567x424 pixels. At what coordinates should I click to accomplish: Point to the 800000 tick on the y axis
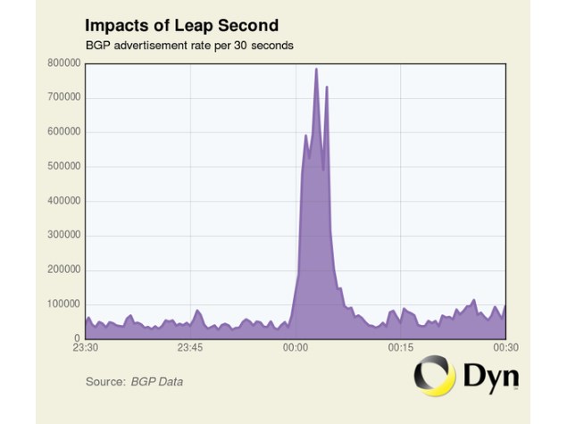point(63,63)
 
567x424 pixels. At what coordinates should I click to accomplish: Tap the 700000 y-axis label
point(63,97)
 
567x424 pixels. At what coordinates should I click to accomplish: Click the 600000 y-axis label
point(63,132)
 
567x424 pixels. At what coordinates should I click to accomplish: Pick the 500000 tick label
point(63,166)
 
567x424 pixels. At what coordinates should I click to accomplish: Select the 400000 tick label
point(63,201)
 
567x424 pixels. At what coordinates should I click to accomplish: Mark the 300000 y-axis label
point(63,236)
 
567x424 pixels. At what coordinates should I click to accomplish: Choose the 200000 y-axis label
point(63,270)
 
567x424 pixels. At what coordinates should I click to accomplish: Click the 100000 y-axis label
point(63,304)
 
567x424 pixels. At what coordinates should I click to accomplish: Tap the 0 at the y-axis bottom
point(78,338)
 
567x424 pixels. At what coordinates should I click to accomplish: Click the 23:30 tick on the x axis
point(85,349)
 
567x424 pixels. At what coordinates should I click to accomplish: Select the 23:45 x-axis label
point(190,349)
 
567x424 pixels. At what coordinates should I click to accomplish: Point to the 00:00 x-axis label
point(296,349)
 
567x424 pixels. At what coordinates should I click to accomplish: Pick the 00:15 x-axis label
point(401,349)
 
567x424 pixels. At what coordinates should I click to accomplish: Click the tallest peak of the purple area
point(316,70)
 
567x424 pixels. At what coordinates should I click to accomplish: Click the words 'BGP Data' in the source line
point(157,382)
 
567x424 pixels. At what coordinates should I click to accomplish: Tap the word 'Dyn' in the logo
point(490,376)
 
